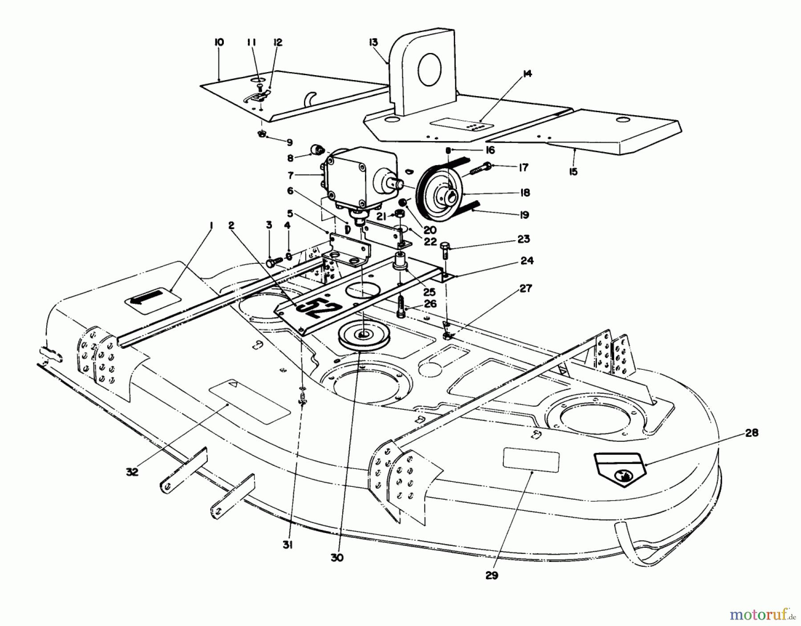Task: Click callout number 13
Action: point(373,42)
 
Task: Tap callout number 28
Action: point(752,433)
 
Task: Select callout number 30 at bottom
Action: point(337,558)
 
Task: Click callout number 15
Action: point(573,171)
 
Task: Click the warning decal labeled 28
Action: point(620,469)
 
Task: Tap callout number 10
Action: point(218,43)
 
